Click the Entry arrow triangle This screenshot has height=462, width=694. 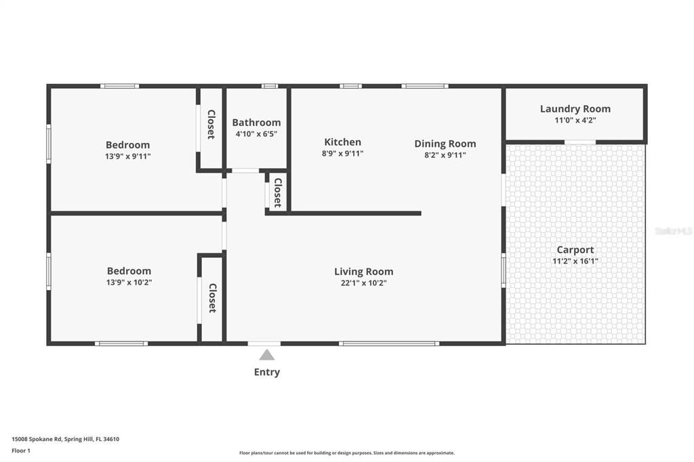[x=267, y=355]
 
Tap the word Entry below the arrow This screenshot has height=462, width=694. [x=267, y=372]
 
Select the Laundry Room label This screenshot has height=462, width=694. [x=575, y=108]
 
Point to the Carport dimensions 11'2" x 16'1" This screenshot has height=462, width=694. [x=575, y=261]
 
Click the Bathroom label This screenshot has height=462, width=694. [x=256, y=123]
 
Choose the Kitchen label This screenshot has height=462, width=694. [x=342, y=142]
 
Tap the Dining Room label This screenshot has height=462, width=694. [x=445, y=144]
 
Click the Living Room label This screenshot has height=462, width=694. [x=363, y=272]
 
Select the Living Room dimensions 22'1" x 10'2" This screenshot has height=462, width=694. [x=363, y=283]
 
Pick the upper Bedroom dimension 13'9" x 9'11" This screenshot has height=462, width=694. [x=128, y=156]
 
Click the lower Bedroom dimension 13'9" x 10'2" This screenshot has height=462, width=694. [x=129, y=282]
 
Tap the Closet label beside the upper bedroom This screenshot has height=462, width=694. [x=211, y=125]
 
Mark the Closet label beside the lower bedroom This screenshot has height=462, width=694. [x=212, y=298]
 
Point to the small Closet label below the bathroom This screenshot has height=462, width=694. [x=278, y=193]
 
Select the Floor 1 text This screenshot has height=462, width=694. [x=22, y=450]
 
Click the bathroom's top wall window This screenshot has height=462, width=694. [x=270, y=86]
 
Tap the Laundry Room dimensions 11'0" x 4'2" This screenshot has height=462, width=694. [x=575, y=121]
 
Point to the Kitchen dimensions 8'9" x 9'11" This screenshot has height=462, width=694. [x=342, y=154]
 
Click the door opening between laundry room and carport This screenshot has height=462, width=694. [x=580, y=142]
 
